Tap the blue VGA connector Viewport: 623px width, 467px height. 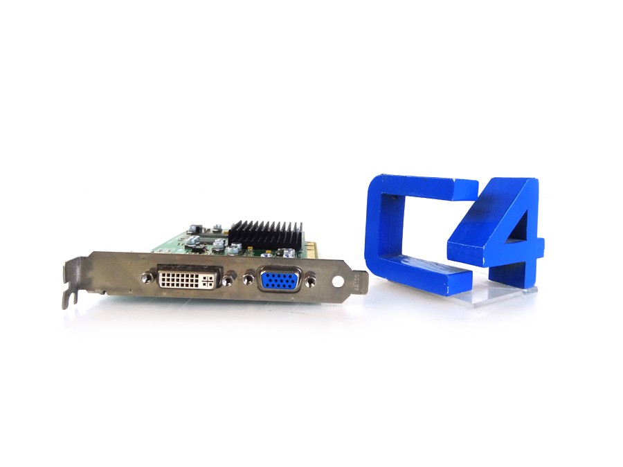[279, 280]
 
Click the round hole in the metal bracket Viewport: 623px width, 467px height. [337, 282]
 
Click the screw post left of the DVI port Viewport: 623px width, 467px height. [147, 277]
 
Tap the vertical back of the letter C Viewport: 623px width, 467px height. [379, 228]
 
